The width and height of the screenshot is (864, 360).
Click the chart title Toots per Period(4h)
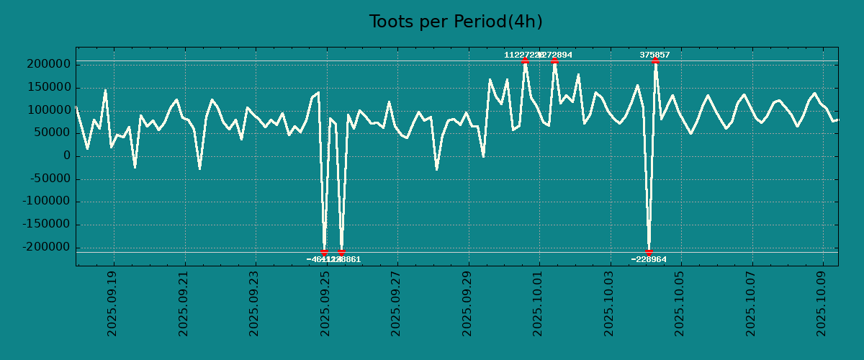pos(455,22)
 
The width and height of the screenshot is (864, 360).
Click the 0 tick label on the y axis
pos(67,156)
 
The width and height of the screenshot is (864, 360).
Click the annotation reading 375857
pos(654,55)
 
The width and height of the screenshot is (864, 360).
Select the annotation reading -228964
pos(649,259)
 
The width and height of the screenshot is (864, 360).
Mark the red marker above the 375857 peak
pos(655,61)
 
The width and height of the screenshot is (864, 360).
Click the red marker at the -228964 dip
pos(649,252)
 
